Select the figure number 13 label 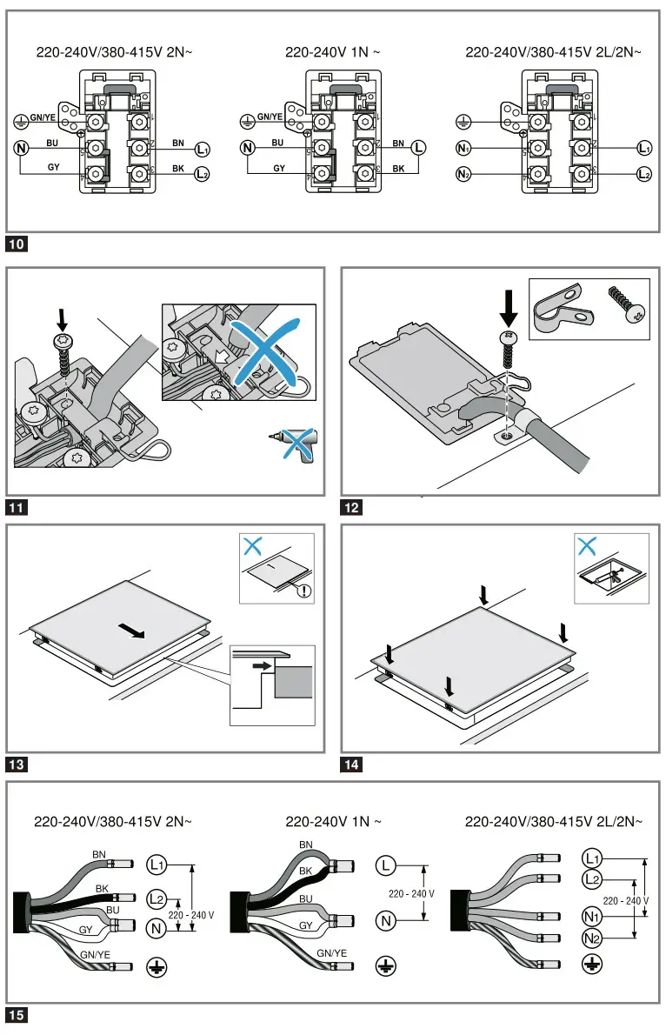point(18,765)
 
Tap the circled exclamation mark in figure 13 point(303,592)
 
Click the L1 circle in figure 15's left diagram point(157,865)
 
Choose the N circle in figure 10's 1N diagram point(249,149)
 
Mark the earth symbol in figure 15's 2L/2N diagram point(592,963)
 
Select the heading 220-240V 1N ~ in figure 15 point(333,821)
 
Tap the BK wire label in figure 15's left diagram point(102,889)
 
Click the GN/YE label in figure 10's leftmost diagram point(43,117)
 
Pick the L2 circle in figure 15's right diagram point(592,879)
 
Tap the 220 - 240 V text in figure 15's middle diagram point(409,893)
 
